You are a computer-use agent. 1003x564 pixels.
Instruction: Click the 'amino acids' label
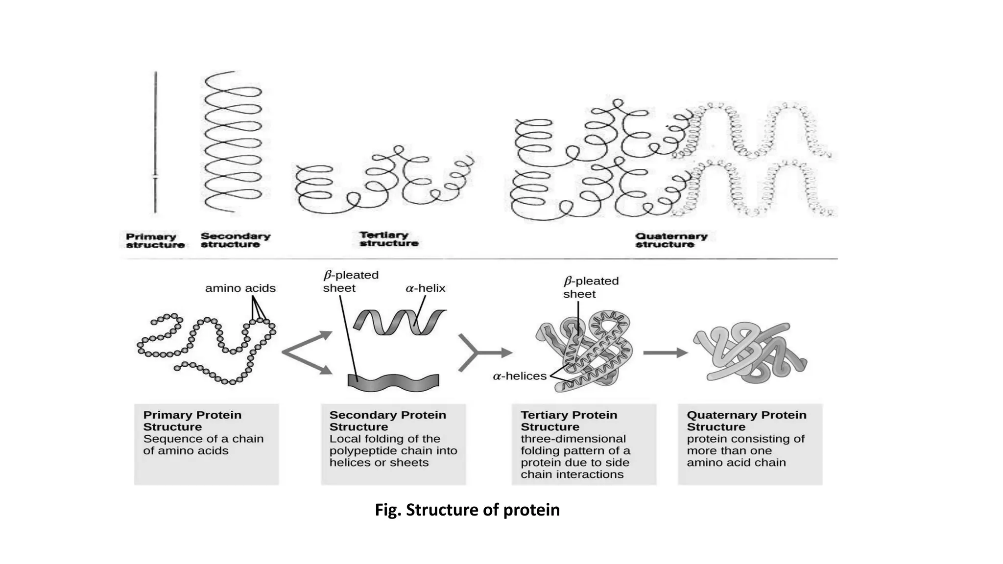(240, 288)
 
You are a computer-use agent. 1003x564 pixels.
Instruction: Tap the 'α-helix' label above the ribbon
(425, 288)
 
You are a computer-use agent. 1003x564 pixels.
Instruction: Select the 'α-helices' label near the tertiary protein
(519, 376)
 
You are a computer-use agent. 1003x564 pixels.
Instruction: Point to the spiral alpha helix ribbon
(399, 322)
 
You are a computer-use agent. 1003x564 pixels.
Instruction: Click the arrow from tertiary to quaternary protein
(665, 352)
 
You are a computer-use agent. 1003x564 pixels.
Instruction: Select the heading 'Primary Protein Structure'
(192, 421)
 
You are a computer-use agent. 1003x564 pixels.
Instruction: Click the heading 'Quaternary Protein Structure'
(746, 421)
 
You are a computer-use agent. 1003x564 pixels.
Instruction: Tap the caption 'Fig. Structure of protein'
(467, 510)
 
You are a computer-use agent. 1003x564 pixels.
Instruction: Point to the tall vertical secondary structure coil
(233, 142)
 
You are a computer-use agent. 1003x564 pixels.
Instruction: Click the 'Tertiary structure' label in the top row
(388, 239)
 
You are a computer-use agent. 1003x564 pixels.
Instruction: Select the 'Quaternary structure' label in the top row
(671, 240)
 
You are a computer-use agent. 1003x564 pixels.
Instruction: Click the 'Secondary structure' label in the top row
(235, 240)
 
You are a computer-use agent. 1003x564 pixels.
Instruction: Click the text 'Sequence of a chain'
(203, 439)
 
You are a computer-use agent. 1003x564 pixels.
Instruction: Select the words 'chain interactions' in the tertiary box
(572, 474)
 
